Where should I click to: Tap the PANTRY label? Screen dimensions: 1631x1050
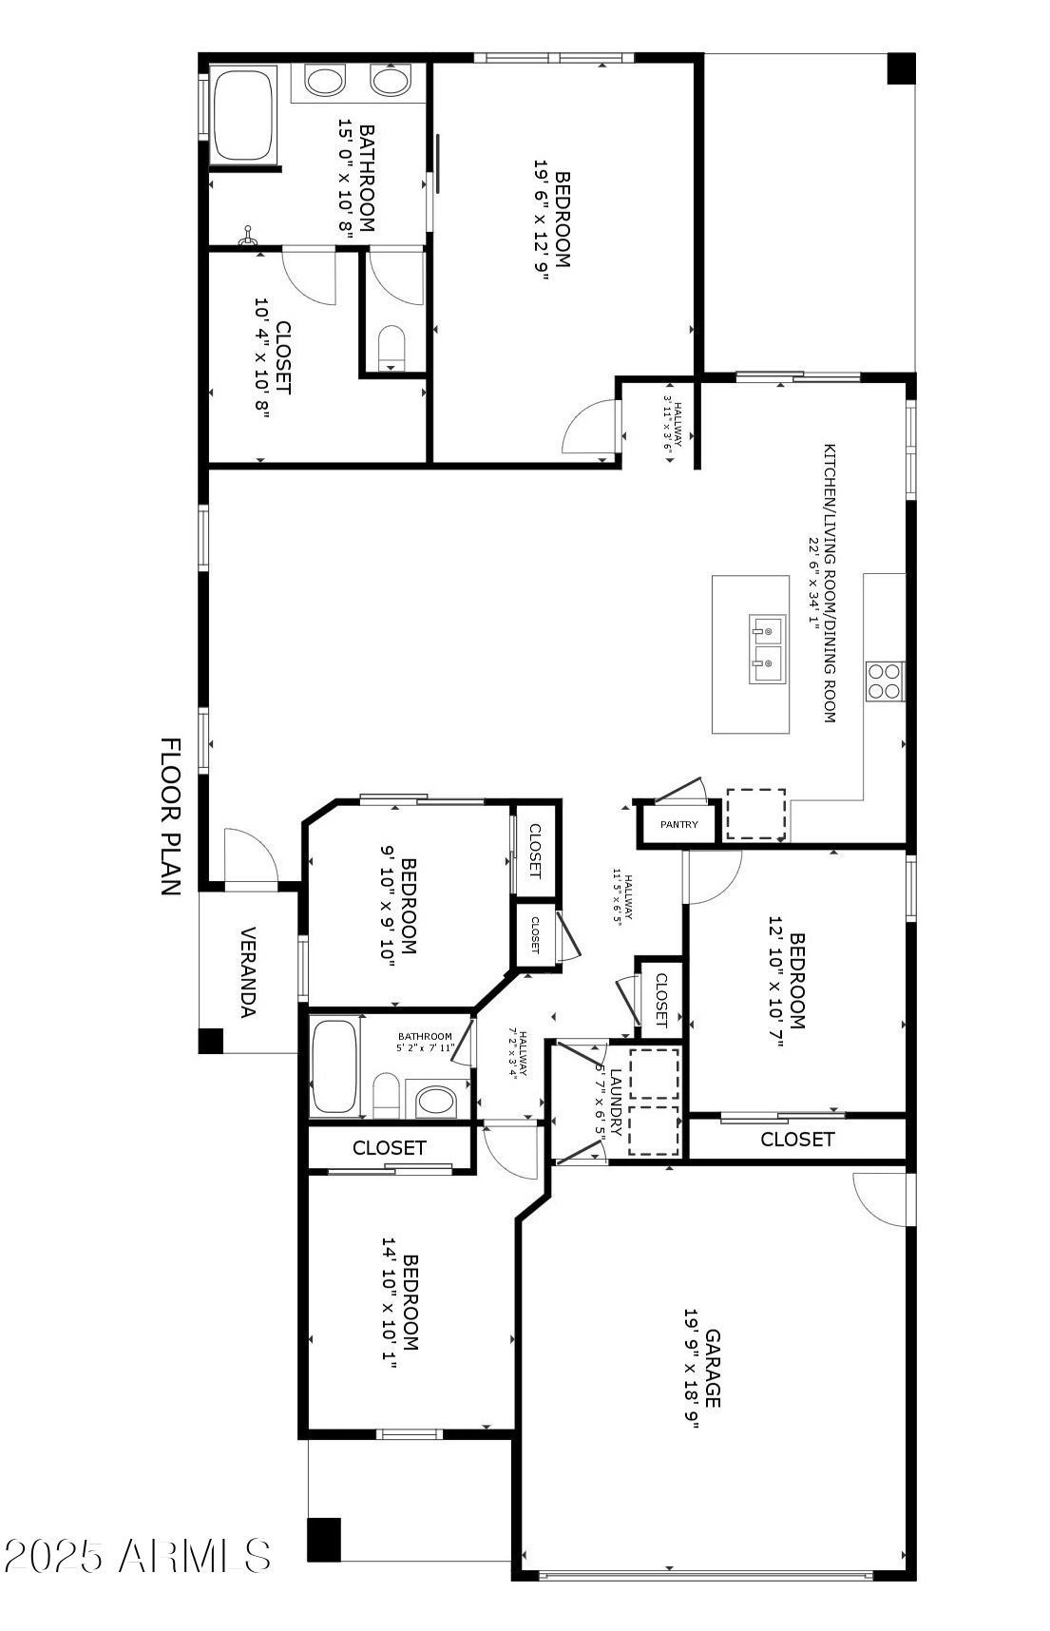(678, 824)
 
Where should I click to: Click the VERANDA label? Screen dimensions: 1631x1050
(248, 971)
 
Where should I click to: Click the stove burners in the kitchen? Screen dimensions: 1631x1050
(884, 681)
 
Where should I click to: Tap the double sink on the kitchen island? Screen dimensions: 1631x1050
(767, 649)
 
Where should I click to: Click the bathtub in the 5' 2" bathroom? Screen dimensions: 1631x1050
(334, 1065)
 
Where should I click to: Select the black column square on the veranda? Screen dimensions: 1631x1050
(210, 1041)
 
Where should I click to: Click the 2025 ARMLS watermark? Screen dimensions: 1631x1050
(137, 1555)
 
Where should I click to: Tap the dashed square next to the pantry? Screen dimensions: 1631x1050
(755, 814)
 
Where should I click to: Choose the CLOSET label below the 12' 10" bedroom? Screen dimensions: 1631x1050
(797, 1139)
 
